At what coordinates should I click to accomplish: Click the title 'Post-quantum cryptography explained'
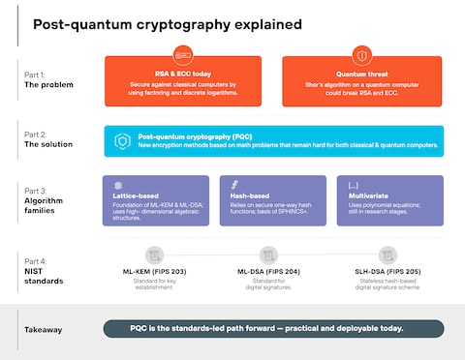[x=167, y=23]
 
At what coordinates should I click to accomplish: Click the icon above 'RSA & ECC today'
[x=183, y=55]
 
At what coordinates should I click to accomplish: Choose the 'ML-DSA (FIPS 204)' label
[x=268, y=273]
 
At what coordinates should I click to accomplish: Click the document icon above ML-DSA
[x=268, y=255]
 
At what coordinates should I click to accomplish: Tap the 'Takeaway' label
[x=44, y=330]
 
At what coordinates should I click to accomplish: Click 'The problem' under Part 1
[x=50, y=85]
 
